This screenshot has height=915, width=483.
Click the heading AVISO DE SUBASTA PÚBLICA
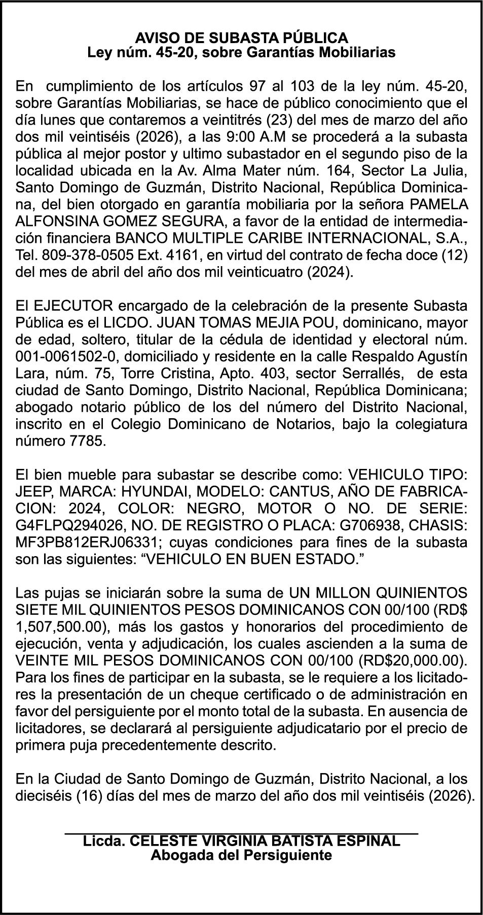pyautogui.click(x=241, y=38)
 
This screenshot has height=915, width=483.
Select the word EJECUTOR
pyautogui.click(x=67, y=306)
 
